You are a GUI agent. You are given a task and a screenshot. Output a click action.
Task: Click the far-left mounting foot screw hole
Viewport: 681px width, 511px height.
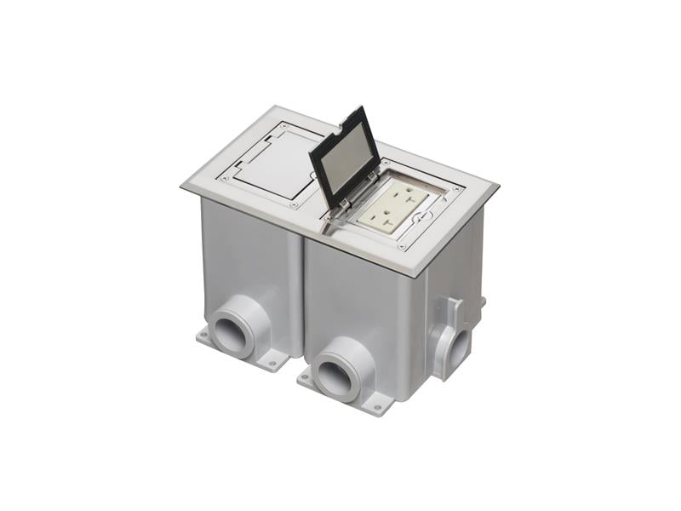click(x=203, y=337)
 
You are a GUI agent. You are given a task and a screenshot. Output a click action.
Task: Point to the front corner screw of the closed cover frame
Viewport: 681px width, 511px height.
click(x=293, y=204)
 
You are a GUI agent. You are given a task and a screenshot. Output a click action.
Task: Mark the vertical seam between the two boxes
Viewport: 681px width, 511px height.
click(x=303, y=298)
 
